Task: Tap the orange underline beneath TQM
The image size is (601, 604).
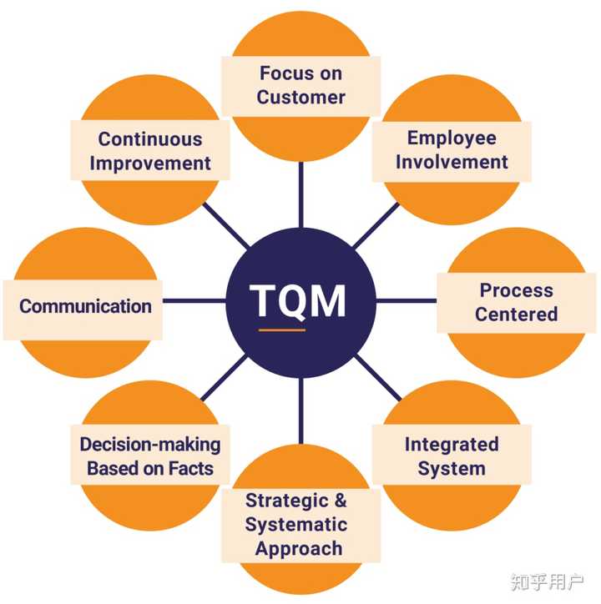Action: tap(281, 330)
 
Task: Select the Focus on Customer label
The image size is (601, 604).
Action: tap(300, 85)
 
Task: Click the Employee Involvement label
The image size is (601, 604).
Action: tap(452, 150)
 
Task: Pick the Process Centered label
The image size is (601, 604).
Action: tap(516, 302)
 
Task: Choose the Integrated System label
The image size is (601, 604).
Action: tap(452, 456)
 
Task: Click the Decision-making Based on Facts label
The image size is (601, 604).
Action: tap(150, 456)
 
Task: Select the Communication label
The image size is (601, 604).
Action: tap(85, 306)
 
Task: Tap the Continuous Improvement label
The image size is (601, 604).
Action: tap(150, 151)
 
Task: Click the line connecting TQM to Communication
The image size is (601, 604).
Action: tap(194, 300)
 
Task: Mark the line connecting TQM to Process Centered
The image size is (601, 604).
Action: tap(407, 300)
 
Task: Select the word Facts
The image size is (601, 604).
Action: tap(190, 468)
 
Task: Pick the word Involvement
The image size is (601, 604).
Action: tap(452, 162)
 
